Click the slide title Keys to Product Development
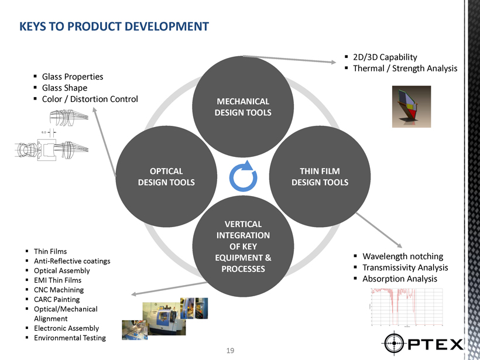click(114, 26)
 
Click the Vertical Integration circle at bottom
click(243, 246)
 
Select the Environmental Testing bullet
click(70, 338)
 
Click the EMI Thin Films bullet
click(57, 280)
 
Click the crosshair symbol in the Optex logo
click(395, 342)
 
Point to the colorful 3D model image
click(412, 106)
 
